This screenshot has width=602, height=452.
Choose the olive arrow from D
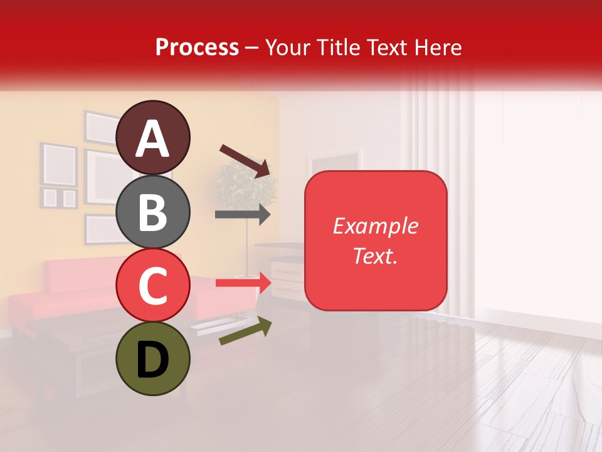pos(245,331)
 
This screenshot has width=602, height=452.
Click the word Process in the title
pos(197,47)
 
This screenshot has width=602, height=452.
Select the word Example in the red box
pos(376,226)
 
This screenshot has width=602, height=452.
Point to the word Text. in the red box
pos(376,256)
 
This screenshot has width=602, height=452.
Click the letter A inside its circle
pos(152,139)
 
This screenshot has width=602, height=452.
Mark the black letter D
pos(152,360)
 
